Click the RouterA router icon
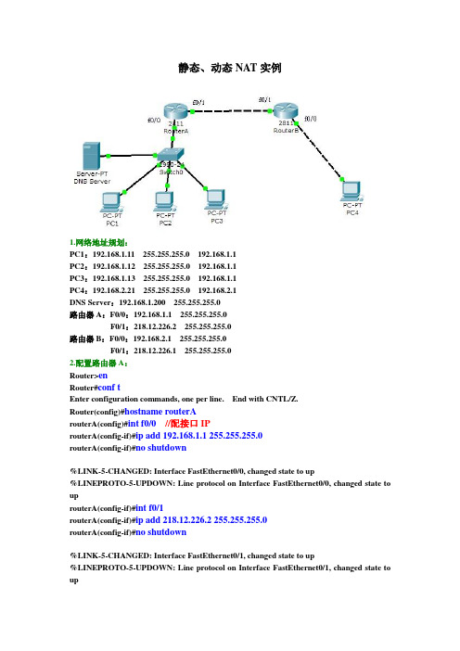pyautogui.click(x=176, y=111)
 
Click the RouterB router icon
pyautogui.click(x=286, y=110)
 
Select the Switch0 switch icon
pyautogui.click(x=171, y=155)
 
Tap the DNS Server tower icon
pyautogui.click(x=91, y=156)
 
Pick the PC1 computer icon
pyautogui.click(x=111, y=202)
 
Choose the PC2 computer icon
pyautogui.click(x=164, y=202)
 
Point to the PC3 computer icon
pyautogui.click(x=216, y=199)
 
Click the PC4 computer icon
pyautogui.click(x=352, y=191)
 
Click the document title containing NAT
pyautogui.click(x=230, y=68)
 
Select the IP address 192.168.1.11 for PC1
pyautogui.click(x=113, y=254)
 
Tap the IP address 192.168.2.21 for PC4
pyautogui.click(x=114, y=290)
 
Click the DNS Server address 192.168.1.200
pyautogui.click(x=142, y=302)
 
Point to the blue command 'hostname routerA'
pyautogui.click(x=160, y=412)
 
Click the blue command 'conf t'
pyautogui.click(x=109, y=388)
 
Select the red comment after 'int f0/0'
pyautogui.click(x=187, y=424)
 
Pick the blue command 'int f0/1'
pyautogui.click(x=149, y=508)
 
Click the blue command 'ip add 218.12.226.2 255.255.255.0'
pyautogui.click(x=201, y=520)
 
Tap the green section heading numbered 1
pyautogui.click(x=98, y=242)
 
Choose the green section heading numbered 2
pyautogui.click(x=98, y=364)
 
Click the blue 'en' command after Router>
pyautogui.click(x=103, y=376)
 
